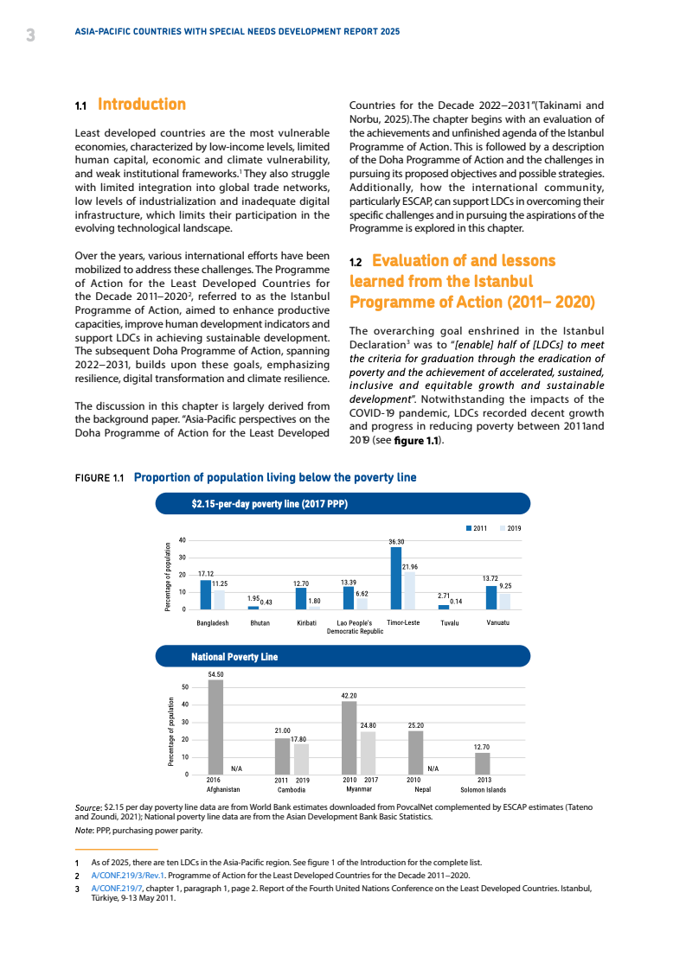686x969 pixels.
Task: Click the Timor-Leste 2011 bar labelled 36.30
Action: [396, 578]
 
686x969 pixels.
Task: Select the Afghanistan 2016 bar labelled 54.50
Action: [215, 727]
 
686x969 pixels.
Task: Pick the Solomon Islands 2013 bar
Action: [483, 763]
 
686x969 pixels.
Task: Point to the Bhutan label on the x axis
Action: [260, 622]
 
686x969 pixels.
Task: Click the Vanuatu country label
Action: [497, 622]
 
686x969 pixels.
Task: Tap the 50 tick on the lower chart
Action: [184, 688]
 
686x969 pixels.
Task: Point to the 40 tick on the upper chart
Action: [183, 540]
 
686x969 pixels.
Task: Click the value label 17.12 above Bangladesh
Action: [206, 574]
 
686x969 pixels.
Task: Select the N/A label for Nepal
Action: [433, 768]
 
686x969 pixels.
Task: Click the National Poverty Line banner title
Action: [234, 657]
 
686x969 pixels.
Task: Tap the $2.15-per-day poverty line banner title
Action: [269, 504]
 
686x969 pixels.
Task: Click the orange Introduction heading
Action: [142, 105]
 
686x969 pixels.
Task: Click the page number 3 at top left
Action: [30, 35]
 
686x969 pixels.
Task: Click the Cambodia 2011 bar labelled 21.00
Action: [282, 756]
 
